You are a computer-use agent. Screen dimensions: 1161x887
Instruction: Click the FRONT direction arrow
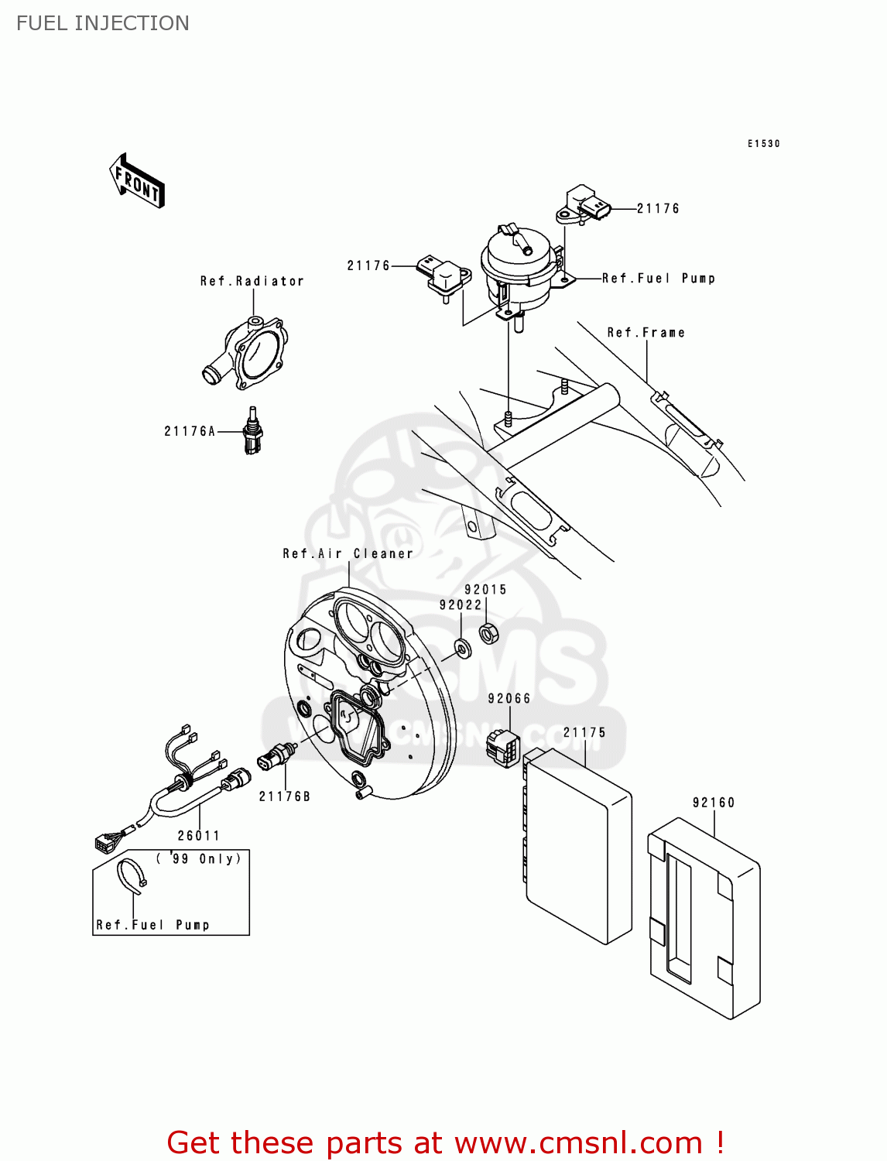(x=137, y=181)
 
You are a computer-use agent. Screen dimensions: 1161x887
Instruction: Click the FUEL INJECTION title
(x=102, y=23)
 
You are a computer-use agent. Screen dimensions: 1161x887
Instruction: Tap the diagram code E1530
(x=763, y=144)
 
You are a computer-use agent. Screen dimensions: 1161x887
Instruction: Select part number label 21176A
(x=190, y=432)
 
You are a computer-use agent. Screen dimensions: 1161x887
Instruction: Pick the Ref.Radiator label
(x=252, y=282)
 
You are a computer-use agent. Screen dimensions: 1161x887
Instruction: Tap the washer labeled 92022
(x=463, y=647)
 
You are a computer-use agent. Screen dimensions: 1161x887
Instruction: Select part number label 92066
(x=509, y=699)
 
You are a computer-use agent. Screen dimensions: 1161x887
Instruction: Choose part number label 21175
(x=584, y=733)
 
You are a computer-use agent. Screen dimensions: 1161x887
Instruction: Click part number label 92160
(x=713, y=803)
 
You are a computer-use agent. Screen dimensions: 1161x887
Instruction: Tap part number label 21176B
(x=284, y=796)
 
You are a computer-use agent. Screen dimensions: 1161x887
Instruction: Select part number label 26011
(x=199, y=836)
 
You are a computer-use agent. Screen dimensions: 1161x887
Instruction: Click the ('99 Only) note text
(x=199, y=859)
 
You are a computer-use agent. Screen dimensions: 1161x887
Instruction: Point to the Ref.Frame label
(x=646, y=333)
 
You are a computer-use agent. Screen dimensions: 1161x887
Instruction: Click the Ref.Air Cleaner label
(x=348, y=554)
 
